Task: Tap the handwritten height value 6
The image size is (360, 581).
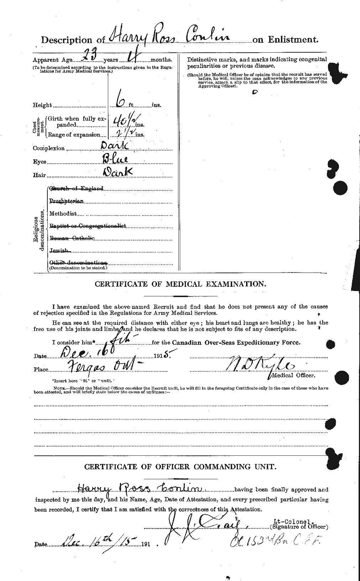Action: pyautogui.click(x=120, y=103)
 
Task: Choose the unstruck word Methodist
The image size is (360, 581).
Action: pyautogui.click(x=63, y=214)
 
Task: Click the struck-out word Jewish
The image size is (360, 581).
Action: pyautogui.click(x=59, y=250)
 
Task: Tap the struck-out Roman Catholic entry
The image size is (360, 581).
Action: pyautogui.click(x=72, y=238)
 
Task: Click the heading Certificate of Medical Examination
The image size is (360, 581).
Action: pyautogui.click(x=180, y=284)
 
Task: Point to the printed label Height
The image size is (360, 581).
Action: pyautogui.click(x=42, y=105)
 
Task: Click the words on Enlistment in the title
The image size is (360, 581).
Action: pyautogui.click(x=285, y=40)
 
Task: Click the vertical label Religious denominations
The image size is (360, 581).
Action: pyautogui.click(x=39, y=230)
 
